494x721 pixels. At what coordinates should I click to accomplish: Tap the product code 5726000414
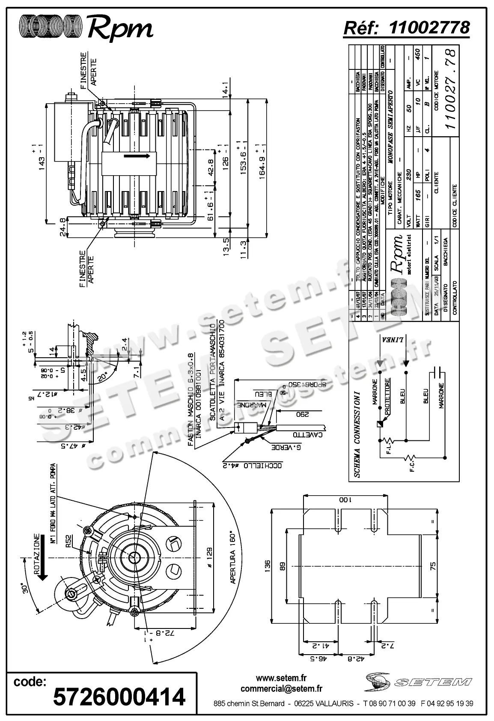coord(119,697)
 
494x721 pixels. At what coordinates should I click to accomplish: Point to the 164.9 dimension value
coord(262,162)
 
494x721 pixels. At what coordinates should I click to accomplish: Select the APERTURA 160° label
coord(233,559)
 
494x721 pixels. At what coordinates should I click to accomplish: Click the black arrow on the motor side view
coord(137,156)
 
